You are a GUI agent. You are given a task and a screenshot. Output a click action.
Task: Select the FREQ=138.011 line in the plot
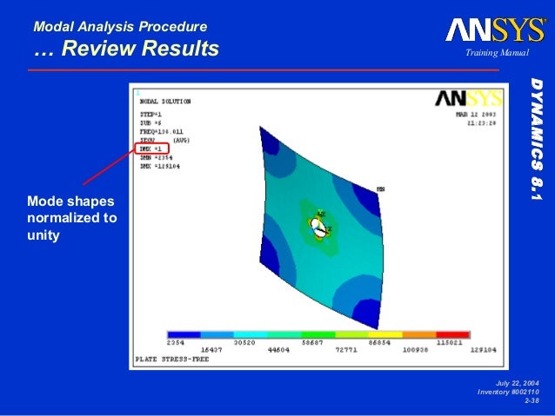click(163, 132)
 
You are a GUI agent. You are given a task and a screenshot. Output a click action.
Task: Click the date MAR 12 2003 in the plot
click(478, 114)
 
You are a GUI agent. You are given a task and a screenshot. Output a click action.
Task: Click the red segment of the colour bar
click(453, 334)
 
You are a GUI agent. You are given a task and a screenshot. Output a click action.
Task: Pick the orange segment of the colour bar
click(419, 334)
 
